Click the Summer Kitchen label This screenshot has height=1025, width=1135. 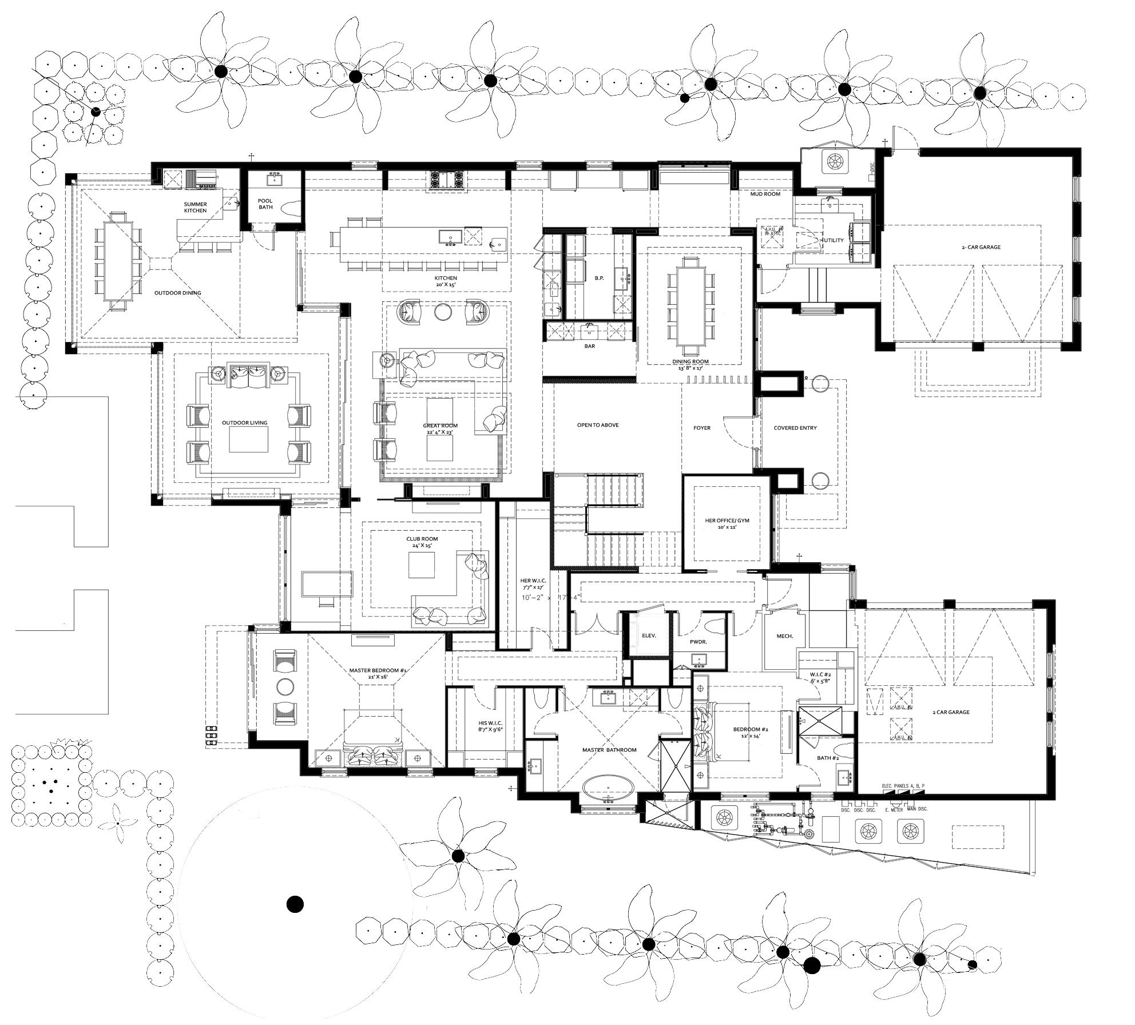click(x=195, y=208)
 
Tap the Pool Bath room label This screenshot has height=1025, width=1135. click(x=265, y=204)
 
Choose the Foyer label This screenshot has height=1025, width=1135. click(x=702, y=428)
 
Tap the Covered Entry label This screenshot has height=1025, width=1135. click(x=795, y=428)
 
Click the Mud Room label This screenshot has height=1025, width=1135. click(x=765, y=194)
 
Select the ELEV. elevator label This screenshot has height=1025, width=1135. click(x=649, y=635)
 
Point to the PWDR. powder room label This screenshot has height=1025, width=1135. click(x=698, y=642)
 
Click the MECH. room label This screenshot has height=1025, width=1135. click(x=784, y=636)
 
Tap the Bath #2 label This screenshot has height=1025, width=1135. click(x=828, y=758)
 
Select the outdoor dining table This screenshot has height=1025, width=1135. click(x=119, y=260)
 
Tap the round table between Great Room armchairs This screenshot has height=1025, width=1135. click(x=443, y=312)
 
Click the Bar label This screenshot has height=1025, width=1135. click(x=590, y=346)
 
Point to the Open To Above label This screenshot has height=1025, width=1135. click(x=598, y=425)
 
